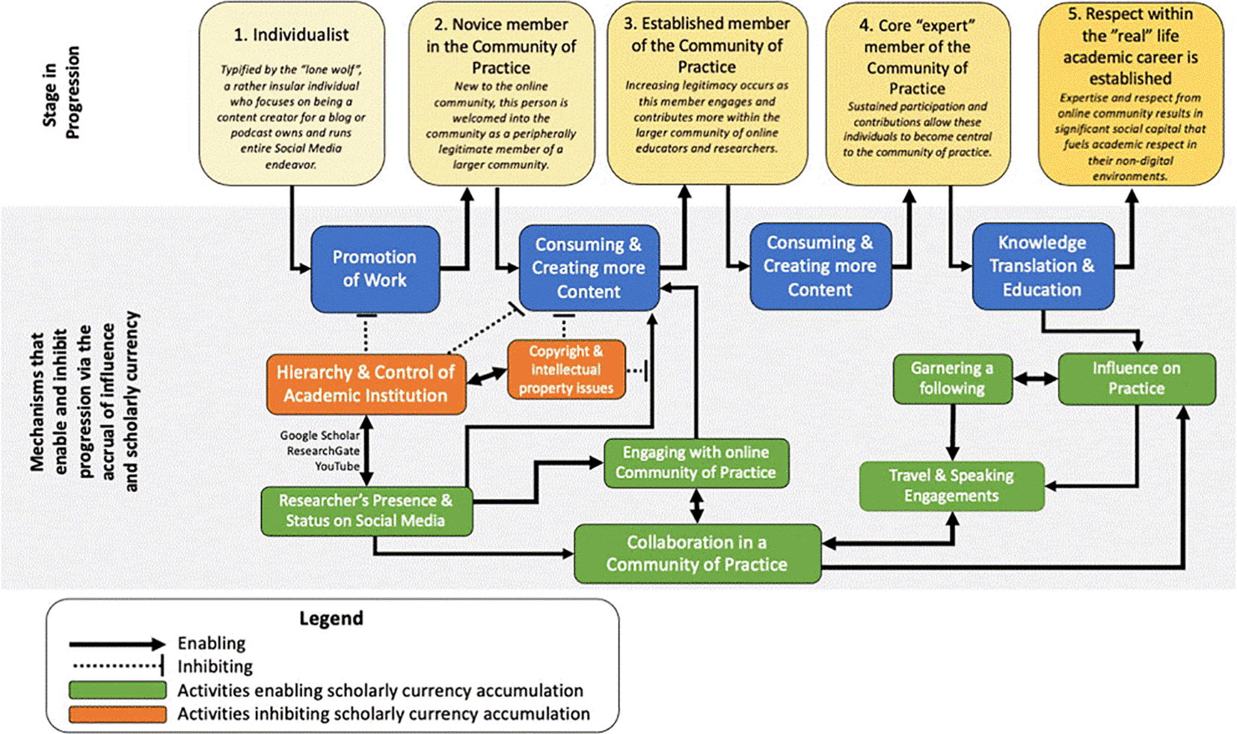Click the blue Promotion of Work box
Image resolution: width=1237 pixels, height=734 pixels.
(375, 269)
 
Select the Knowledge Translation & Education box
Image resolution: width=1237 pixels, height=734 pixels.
(1043, 266)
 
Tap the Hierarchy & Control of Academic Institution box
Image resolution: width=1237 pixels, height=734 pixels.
(366, 384)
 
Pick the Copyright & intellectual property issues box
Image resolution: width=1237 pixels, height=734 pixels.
(567, 370)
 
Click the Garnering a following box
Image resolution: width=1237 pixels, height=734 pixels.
(953, 379)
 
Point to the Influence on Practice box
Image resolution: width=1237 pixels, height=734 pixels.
(1137, 379)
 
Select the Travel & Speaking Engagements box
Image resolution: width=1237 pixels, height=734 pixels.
(951, 486)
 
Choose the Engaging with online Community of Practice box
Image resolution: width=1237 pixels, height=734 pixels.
(696, 463)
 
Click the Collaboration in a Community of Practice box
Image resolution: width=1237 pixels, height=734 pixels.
(698, 554)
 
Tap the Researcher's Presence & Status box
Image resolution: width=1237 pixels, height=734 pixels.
(366, 511)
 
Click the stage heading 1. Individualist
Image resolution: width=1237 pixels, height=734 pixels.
(291, 35)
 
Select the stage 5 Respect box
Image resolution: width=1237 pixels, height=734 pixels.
(1130, 94)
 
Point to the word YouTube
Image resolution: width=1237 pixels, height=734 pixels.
(337, 466)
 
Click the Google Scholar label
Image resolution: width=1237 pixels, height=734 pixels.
(320, 435)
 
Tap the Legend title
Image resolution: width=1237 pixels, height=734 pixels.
(331, 618)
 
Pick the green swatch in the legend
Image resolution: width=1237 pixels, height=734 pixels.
(117, 690)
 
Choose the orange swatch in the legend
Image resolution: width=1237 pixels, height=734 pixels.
(117, 714)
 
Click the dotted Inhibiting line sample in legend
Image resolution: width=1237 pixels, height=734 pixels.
(118, 666)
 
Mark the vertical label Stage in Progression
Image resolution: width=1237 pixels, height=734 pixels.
(61, 92)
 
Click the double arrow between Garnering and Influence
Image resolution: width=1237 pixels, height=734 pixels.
(1035, 379)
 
